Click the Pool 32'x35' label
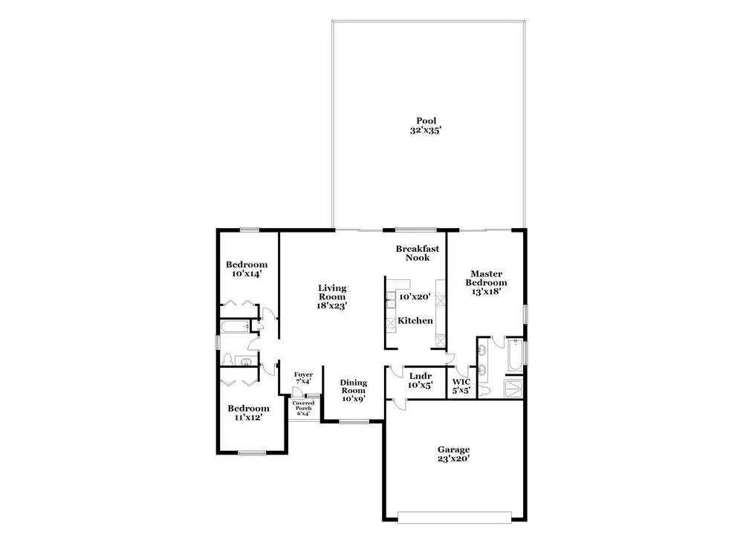point(426,126)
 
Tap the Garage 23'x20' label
point(453,454)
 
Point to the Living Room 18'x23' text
point(332,296)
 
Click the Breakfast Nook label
point(418,253)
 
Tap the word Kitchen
point(415,321)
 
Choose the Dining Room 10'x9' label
point(354,390)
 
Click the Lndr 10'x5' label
point(421,380)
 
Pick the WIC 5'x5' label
point(461,386)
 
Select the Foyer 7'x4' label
point(303,377)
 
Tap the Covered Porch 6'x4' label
point(303,408)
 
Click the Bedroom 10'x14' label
point(247,269)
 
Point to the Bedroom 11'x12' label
point(248,412)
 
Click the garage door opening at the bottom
point(455,517)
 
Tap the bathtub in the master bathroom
point(514,355)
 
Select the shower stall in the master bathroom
point(513,388)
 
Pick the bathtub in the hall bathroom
point(235,327)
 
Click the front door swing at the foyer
point(297,391)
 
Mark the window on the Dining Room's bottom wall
point(354,420)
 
